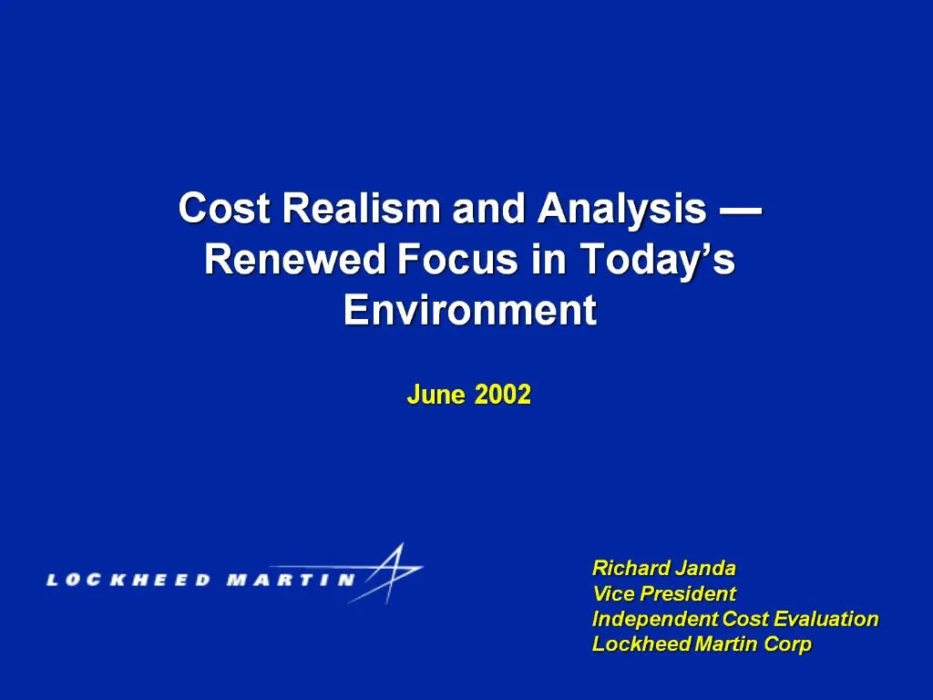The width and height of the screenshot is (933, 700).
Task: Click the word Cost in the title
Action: pyautogui.click(x=224, y=210)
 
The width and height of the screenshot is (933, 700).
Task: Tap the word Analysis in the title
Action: pyautogui.click(x=621, y=210)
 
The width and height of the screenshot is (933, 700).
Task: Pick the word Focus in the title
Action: pyautogui.click(x=458, y=261)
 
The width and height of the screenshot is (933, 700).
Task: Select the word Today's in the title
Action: pyautogui.click(x=657, y=261)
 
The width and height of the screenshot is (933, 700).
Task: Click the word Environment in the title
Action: pyautogui.click(x=469, y=311)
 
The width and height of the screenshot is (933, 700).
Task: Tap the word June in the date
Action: pyautogui.click(x=436, y=395)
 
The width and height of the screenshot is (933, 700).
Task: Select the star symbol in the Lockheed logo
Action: pyautogui.click(x=389, y=572)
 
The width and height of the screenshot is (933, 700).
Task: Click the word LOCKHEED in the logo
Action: pyautogui.click(x=128, y=579)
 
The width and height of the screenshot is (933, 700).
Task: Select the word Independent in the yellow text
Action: pyautogui.click(x=655, y=619)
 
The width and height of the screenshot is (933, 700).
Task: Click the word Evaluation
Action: pyautogui.click(x=826, y=619)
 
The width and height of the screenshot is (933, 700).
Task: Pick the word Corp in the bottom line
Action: pyautogui.click(x=789, y=644)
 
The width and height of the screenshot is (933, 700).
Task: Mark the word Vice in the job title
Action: pyautogui.click(x=613, y=593)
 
